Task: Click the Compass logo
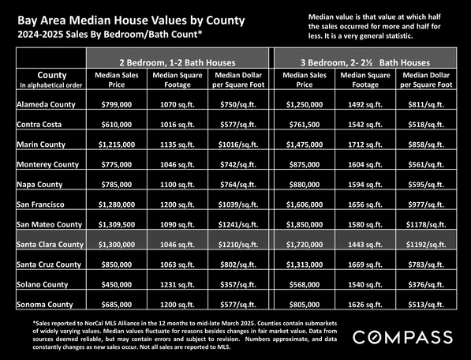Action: [x=402, y=337]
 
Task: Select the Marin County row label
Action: [x=41, y=144]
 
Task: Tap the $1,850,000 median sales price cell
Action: [x=305, y=224]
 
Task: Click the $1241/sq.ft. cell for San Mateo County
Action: [x=238, y=224]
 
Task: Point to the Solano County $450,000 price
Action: [x=117, y=284]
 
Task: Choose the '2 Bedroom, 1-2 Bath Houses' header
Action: [x=178, y=62]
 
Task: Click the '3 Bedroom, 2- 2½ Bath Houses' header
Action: [x=365, y=62]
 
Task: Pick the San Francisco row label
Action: [x=40, y=204]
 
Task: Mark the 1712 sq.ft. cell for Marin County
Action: [x=365, y=144]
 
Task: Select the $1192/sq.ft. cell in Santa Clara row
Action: [x=426, y=245]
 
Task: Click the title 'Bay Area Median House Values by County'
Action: [x=131, y=21]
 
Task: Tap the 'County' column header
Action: [x=51, y=75]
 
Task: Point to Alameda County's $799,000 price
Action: [x=117, y=104]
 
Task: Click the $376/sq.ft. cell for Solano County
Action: [x=426, y=284]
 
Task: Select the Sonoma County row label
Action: [x=45, y=305]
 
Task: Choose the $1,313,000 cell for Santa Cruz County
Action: [x=305, y=264]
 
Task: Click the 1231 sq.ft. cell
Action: [x=178, y=284]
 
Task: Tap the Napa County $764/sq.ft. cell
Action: [x=238, y=185]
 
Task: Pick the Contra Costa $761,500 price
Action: [x=305, y=125]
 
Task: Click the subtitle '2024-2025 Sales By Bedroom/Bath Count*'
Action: [x=110, y=35]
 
